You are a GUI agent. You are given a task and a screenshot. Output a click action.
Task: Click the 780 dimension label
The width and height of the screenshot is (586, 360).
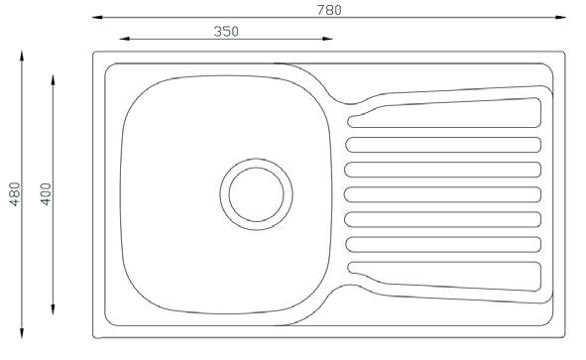(329, 10)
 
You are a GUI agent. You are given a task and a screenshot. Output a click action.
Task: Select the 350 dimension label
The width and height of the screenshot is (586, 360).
(226, 32)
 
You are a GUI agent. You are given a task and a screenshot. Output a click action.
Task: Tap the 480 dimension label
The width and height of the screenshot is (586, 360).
(15, 194)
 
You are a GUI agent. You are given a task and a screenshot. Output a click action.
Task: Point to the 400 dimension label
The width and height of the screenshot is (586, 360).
(46, 194)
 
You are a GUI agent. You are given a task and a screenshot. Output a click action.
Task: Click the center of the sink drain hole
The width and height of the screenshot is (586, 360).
(257, 194)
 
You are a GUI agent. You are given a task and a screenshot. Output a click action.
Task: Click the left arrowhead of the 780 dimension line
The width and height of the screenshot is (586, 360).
(97, 17)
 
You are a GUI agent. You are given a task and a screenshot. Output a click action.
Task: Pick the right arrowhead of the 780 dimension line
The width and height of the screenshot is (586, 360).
(560, 17)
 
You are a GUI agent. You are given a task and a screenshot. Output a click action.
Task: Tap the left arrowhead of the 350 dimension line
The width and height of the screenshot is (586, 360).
(125, 39)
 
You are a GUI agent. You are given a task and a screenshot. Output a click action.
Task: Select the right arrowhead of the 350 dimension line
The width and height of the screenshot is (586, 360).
(327, 39)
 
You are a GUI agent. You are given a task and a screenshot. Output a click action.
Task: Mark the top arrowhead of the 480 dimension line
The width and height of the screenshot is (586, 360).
(22, 57)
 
